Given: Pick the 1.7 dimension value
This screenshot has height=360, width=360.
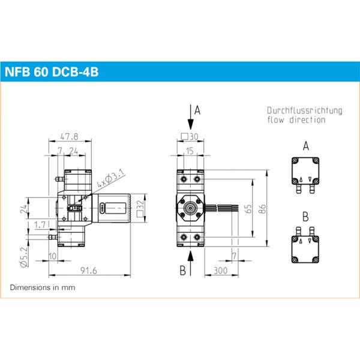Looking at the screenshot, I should tap(40, 224).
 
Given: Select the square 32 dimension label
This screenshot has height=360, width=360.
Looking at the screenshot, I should tap(141, 208).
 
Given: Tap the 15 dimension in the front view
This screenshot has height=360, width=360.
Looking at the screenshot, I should tap(190, 151).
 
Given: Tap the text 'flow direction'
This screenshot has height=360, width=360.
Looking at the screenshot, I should tap(296, 120).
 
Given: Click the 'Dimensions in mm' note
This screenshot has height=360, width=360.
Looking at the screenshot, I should tap(43, 287).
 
